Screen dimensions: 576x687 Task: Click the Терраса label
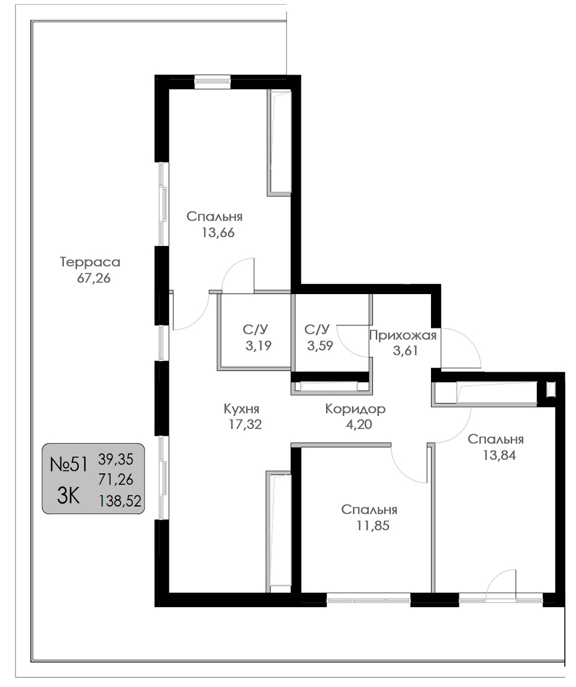pyautogui.click(x=90, y=262)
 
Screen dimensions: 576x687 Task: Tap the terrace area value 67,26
pyautogui.click(x=94, y=278)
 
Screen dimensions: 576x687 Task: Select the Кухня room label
pyautogui.click(x=242, y=409)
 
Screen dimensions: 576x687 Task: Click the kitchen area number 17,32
pyautogui.click(x=245, y=424)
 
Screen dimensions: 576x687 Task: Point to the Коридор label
pyautogui.click(x=356, y=409)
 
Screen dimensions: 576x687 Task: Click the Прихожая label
pyautogui.click(x=403, y=335)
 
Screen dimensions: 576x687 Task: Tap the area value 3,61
pyautogui.click(x=406, y=350)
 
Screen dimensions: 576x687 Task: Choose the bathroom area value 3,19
pyautogui.click(x=258, y=346)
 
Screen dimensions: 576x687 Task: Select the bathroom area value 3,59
pyautogui.click(x=320, y=346)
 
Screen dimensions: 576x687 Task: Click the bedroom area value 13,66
pyautogui.click(x=218, y=233)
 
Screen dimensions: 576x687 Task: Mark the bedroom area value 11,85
pyautogui.click(x=372, y=525)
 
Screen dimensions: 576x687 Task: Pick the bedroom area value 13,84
pyautogui.click(x=499, y=455)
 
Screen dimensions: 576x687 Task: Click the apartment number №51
pyautogui.click(x=69, y=465)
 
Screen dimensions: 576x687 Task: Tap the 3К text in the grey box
pyautogui.click(x=69, y=497)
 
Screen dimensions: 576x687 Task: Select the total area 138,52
pyautogui.click(x=120, y=501)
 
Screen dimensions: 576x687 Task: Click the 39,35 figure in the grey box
pyautogui.click(x=115, y=460)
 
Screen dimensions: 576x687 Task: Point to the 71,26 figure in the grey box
pyautogui.click(x=115, y=480)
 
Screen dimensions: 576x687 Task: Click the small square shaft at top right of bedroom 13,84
pyautogui.click(x=550, y=389)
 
